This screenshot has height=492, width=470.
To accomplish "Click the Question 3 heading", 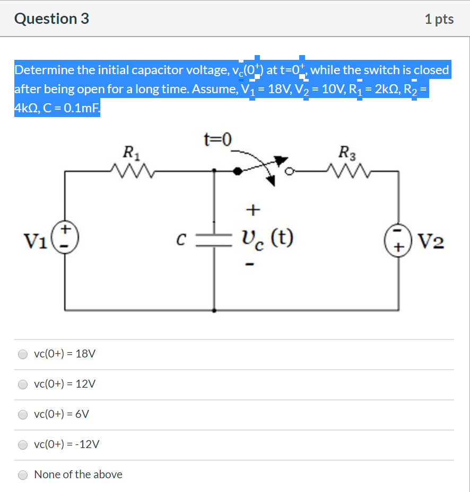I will [x=52, y=19].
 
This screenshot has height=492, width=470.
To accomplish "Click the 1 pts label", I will [x=439, y=20].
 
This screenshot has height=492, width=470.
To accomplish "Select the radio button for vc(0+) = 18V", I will [x=23, y=354].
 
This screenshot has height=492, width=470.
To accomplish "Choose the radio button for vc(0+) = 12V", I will [x=23, y=384].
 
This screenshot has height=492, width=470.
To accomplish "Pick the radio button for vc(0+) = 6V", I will [x=23, y=414].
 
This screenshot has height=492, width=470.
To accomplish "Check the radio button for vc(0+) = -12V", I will [x=23, y=444].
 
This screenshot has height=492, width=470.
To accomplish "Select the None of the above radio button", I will [x=23, y=475].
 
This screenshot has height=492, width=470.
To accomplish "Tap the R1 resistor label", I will [x=128, y=154].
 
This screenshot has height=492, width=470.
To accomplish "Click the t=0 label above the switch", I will [x=217, y=140].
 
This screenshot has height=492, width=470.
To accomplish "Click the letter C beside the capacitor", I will [x=180, y=239].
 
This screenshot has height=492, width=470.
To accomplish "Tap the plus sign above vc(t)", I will [x=253, y=210].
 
